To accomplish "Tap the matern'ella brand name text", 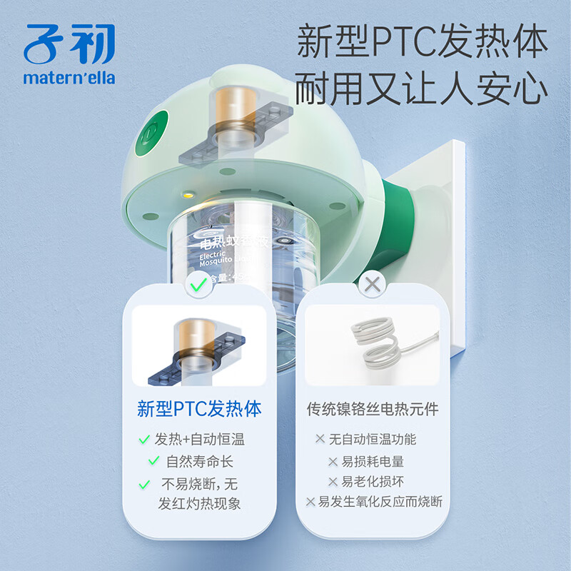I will tap(69, 77).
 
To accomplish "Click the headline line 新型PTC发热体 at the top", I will tap(422, 41).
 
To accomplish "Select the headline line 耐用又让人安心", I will tap(422, 91).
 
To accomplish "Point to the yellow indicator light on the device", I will tap(188, 194).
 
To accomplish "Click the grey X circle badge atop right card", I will tap(372, 285).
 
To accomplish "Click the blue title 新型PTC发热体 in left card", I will tap(199, 409).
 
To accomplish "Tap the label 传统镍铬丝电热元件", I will tap(372, 410).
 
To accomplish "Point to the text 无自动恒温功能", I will tap(373, 439).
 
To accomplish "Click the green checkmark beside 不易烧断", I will tap(145, 484).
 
